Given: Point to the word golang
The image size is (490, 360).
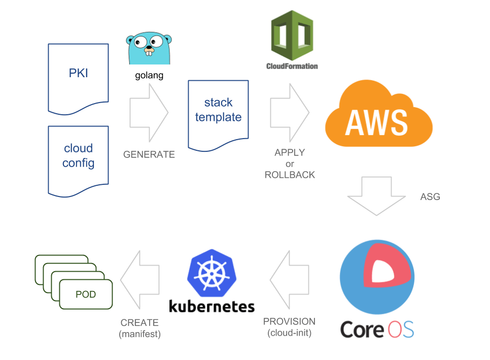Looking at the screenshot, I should tap(149, 76).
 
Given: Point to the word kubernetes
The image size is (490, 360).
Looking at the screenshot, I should tap(212, 307).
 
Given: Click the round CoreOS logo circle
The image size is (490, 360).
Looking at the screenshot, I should tap(377, 277).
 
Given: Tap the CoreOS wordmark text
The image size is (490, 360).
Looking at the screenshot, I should tap(377, 329).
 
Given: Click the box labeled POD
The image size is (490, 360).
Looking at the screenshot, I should tap(86, 294).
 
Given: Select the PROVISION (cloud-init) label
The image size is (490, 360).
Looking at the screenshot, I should tap(289, 328).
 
